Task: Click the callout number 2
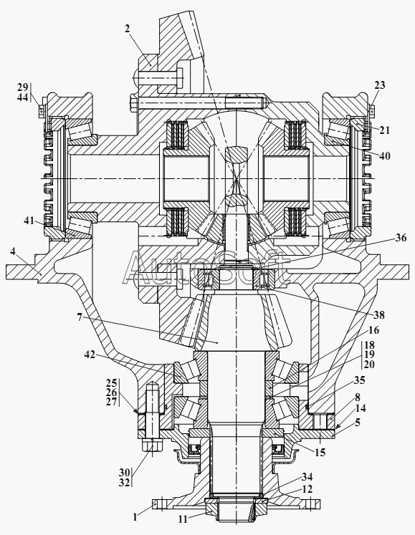point(127,29)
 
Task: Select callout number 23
point(379,85)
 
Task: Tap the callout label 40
point(384,156)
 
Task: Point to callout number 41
point(29,221)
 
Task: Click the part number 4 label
point(13,251)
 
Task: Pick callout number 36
point(401,238)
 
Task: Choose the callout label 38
point(378,314)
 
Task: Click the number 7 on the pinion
point(80,317)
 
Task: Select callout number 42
point(90,355)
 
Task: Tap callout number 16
point(373,330)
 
